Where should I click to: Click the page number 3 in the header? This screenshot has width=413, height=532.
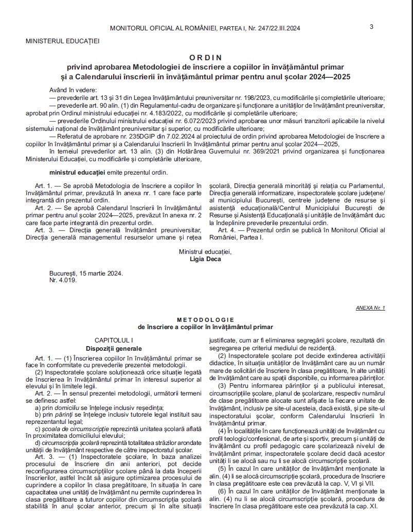click(371, 27)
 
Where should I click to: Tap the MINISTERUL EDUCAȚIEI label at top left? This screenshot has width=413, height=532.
click(62, 40)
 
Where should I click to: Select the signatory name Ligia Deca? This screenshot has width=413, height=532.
click(205, 259)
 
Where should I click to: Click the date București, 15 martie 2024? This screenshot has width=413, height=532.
click(86, 273)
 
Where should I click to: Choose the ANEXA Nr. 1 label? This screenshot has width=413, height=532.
click(370, 307)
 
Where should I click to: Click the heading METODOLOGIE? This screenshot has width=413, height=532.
click(205, 320)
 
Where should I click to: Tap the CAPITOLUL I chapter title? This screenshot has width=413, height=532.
click(114, 340)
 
